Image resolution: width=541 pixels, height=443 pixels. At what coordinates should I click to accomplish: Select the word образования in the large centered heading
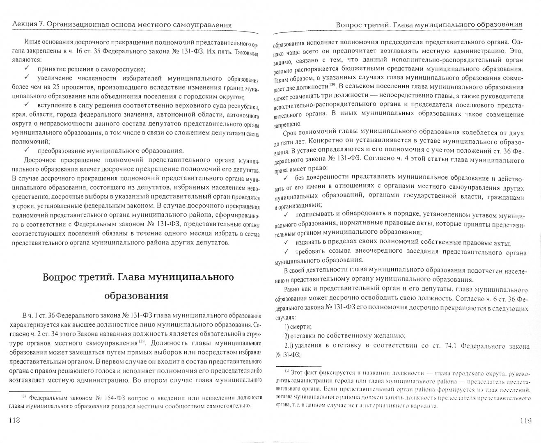131,295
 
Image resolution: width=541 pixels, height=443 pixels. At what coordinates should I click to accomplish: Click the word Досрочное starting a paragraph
41,160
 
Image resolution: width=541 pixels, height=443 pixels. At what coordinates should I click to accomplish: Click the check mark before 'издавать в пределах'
287,242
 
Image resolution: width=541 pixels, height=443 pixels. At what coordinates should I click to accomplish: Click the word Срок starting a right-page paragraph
291,132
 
